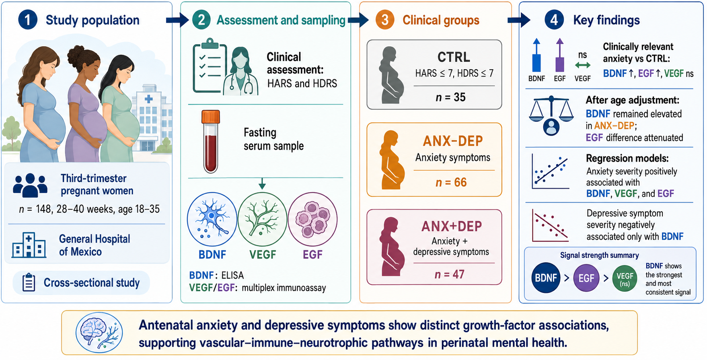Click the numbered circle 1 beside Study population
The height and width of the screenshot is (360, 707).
point(28,20)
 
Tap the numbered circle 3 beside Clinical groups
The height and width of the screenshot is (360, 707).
point(385,20)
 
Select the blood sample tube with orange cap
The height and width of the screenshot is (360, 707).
point(211,142)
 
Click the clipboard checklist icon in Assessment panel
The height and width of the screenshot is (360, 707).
point(208,66)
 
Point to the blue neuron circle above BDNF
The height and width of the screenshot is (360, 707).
point(212,219)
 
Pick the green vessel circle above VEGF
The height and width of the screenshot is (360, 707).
point(263,219)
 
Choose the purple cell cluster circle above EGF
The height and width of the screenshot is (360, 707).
point(313,219)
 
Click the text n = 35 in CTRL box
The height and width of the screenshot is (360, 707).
point(450,97)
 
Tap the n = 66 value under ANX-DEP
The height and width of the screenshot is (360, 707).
point(451,182)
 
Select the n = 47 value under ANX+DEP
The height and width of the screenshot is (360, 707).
point(450,274)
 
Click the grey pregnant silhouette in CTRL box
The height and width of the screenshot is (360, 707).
point(391,75)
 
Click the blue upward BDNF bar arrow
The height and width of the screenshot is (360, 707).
point(536,55)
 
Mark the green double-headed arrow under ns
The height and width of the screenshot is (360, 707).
point(583,65)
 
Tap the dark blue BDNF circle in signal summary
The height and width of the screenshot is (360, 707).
point(546,278)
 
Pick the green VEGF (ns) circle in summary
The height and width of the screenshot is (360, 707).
point(625,278)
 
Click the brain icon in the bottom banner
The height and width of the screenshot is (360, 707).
point(99,332)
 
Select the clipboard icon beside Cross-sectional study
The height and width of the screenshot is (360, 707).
point(29,282)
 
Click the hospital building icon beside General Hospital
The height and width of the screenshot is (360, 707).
point(29,245)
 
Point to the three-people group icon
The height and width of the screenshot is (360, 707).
point(30,185)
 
